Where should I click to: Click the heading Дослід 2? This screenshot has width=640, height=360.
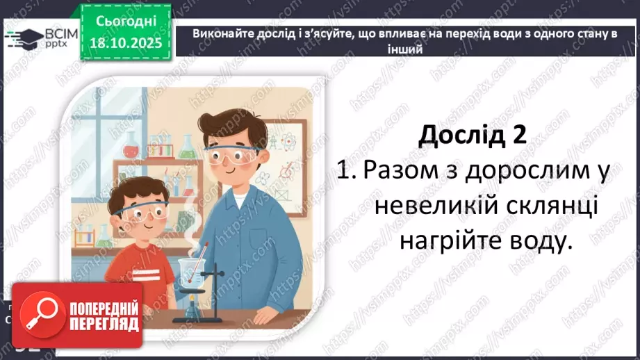473,134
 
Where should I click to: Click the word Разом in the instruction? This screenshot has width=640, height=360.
404,170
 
